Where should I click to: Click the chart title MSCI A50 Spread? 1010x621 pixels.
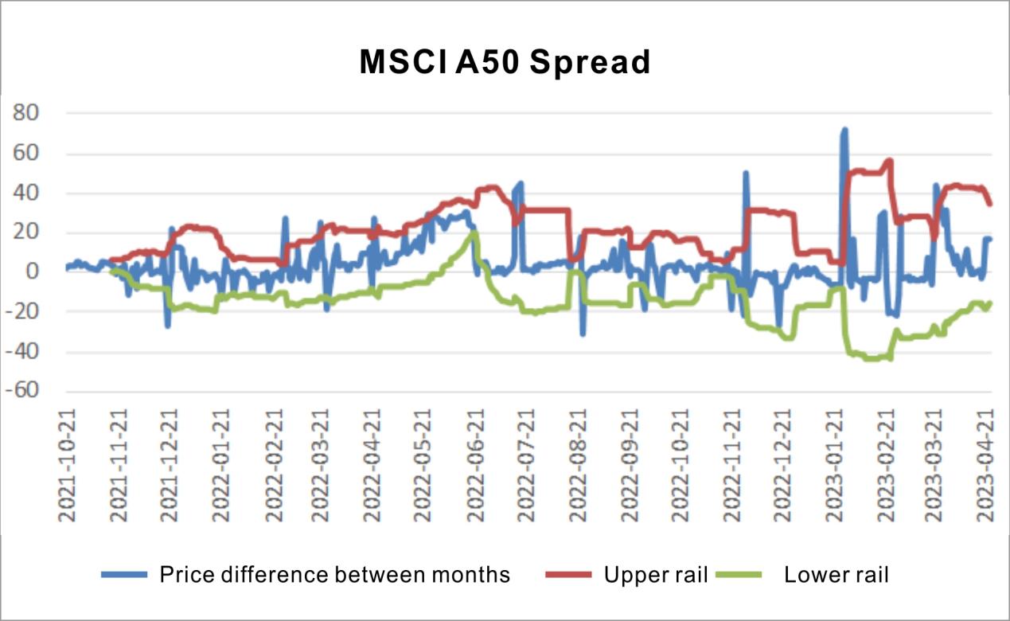pos(505,62)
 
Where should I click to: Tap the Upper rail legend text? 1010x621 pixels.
pos(656,574)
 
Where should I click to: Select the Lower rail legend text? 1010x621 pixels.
pos(836,574)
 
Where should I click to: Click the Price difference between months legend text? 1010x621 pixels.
pos(335,574)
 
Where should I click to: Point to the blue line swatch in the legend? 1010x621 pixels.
pos(125,574)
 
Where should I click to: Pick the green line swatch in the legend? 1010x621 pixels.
pos(739,574)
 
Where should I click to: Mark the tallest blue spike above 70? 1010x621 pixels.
pos(844,129)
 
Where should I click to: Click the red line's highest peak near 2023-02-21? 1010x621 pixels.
pos(889,160)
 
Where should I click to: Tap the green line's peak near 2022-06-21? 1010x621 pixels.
pos(474,232)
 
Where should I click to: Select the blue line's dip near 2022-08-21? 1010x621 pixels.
pos(583,333)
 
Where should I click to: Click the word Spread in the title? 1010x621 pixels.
pos(590,62)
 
